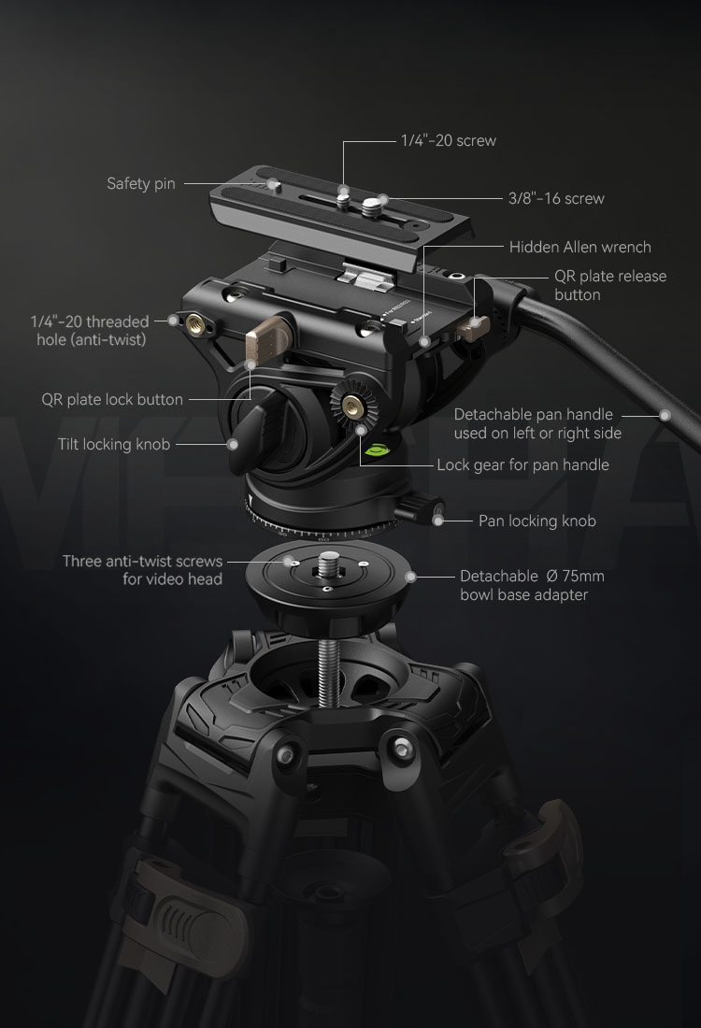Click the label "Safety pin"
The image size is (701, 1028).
pos(141,183)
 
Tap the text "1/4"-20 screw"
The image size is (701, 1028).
pos(449,140)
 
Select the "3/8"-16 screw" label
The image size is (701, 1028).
pos(556,198)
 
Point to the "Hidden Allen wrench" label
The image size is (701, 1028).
pos(580,247)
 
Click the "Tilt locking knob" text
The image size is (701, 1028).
pos(114,445)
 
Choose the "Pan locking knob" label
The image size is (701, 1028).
pos(537,521)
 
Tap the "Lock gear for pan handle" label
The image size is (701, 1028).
pos(522,464)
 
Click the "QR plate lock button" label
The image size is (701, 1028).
pos(112,399)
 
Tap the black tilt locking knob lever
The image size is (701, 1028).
pos(247,436)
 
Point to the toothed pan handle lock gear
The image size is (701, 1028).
pos(354,407)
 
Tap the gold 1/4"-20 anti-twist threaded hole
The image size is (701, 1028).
pos(194,321)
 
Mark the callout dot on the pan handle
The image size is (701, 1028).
pos(665,415)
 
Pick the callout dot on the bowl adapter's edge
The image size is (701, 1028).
pos(410,577)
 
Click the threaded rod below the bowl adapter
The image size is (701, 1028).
pos(328,673)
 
